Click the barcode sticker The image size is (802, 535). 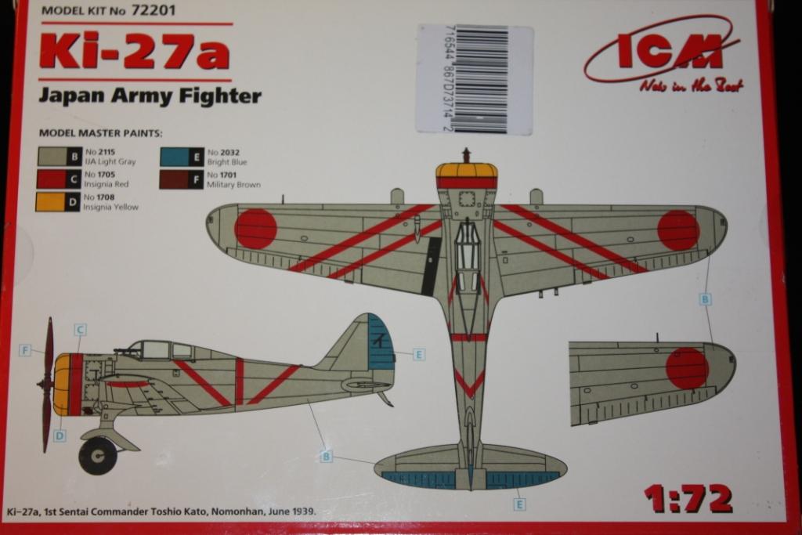[475, 79]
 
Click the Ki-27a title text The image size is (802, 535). [134, 52]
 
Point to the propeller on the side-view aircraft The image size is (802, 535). [46, 384]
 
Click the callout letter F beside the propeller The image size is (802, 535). [26, 350]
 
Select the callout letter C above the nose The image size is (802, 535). [80, 330]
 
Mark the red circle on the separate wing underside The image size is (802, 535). [687, 368]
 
